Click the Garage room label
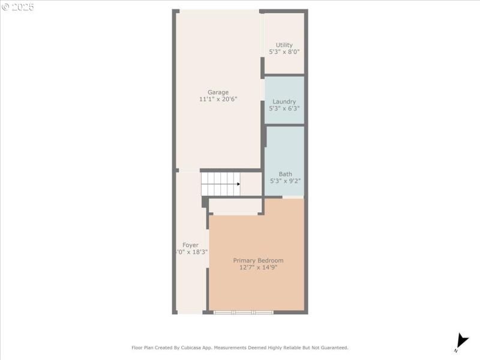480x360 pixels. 218,92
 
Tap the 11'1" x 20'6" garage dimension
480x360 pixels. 218,99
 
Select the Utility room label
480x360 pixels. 284,45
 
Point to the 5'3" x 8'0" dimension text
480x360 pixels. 284,52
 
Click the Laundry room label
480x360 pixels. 284,101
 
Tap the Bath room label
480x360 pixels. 285,174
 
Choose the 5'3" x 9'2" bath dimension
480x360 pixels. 285,181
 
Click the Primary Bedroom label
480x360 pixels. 258,260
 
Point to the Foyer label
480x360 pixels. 190,245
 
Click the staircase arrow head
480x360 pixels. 238,184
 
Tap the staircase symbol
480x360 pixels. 220,184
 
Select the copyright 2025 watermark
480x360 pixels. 18,7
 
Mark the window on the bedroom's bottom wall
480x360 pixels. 244,312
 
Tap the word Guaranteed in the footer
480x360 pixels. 333,347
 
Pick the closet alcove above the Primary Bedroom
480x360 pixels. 235,206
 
